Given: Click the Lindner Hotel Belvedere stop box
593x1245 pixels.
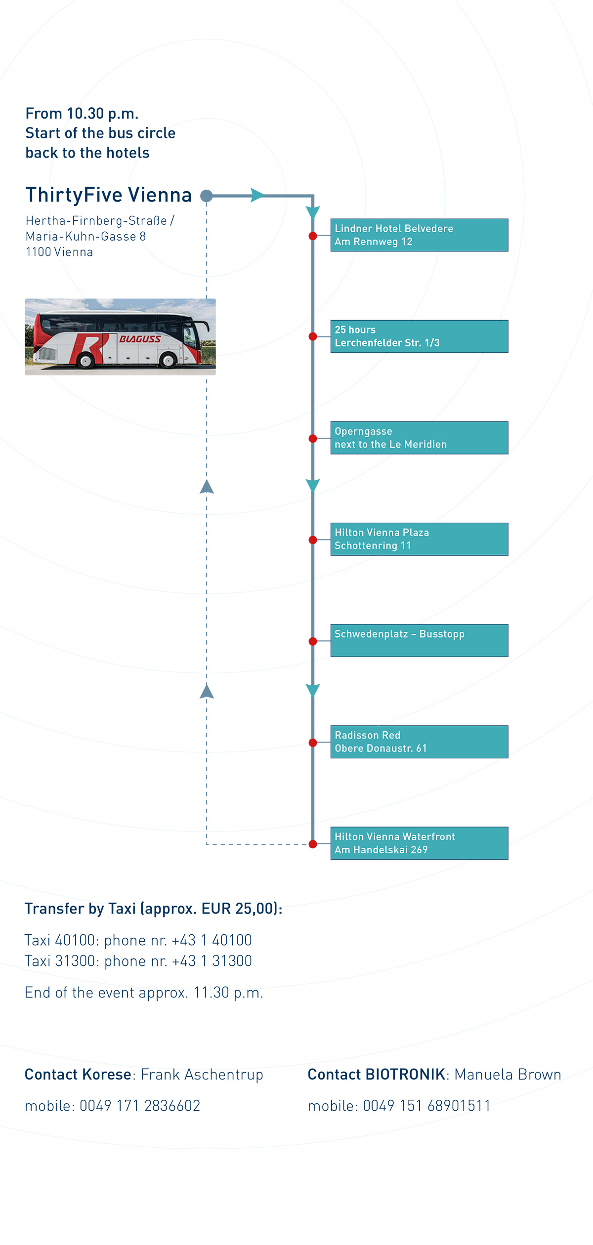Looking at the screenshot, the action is click(x=419, y=235).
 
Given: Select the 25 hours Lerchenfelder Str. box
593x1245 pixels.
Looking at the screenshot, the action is click(x=419, y=336).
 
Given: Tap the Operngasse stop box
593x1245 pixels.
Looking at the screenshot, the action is click(x=419, y=438).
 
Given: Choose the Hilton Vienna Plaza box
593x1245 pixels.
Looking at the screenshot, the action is click(x=419, y=539).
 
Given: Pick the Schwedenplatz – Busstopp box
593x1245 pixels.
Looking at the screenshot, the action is click(x=419, y=640).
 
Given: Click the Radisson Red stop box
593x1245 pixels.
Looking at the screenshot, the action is click(x=419, y=742).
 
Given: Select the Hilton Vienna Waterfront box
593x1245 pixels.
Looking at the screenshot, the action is click(x=419, y=843).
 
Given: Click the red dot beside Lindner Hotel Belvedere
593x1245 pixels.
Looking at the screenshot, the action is click(x=313, y=236).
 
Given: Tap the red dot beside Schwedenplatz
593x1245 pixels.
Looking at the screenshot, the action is click(x=313, y=641).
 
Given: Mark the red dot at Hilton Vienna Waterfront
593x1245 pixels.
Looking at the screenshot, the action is click(x=313, y=844).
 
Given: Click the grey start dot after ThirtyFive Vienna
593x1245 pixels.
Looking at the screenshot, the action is click(x=207, y=196).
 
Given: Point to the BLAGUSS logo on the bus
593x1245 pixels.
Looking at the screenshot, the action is click(x=140, y=339).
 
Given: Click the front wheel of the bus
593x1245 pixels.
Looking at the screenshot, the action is click(x=169, y=361).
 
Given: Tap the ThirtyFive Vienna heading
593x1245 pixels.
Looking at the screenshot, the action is click(x=109, y=195).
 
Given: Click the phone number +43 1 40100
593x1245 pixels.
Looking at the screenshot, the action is click(x=212, y=940).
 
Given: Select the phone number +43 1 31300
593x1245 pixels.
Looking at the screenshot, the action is click(x=212, y=960).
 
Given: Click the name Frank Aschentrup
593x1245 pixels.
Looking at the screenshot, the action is click(x=202, y=1075).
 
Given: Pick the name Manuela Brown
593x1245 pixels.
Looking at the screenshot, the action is click(x=508, y=1075).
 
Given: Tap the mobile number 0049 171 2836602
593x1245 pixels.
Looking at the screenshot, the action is click(x=140, y=1106).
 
